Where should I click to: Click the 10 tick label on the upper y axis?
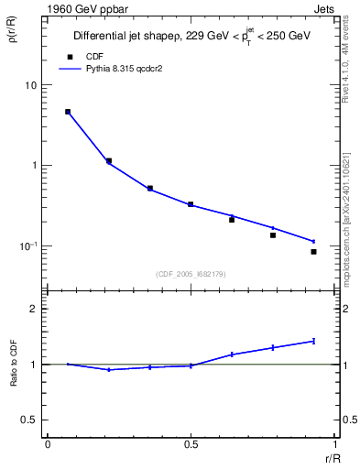[30, 85]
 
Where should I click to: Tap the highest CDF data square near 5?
[68, 112]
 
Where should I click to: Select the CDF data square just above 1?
[109, 161]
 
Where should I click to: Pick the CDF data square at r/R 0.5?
[191, 204]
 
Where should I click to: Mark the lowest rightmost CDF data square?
[313, 252]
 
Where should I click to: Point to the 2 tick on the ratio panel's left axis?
[33, 309]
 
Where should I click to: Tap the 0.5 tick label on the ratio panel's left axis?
[28, 420]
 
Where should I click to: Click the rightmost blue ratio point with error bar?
[313, 341]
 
